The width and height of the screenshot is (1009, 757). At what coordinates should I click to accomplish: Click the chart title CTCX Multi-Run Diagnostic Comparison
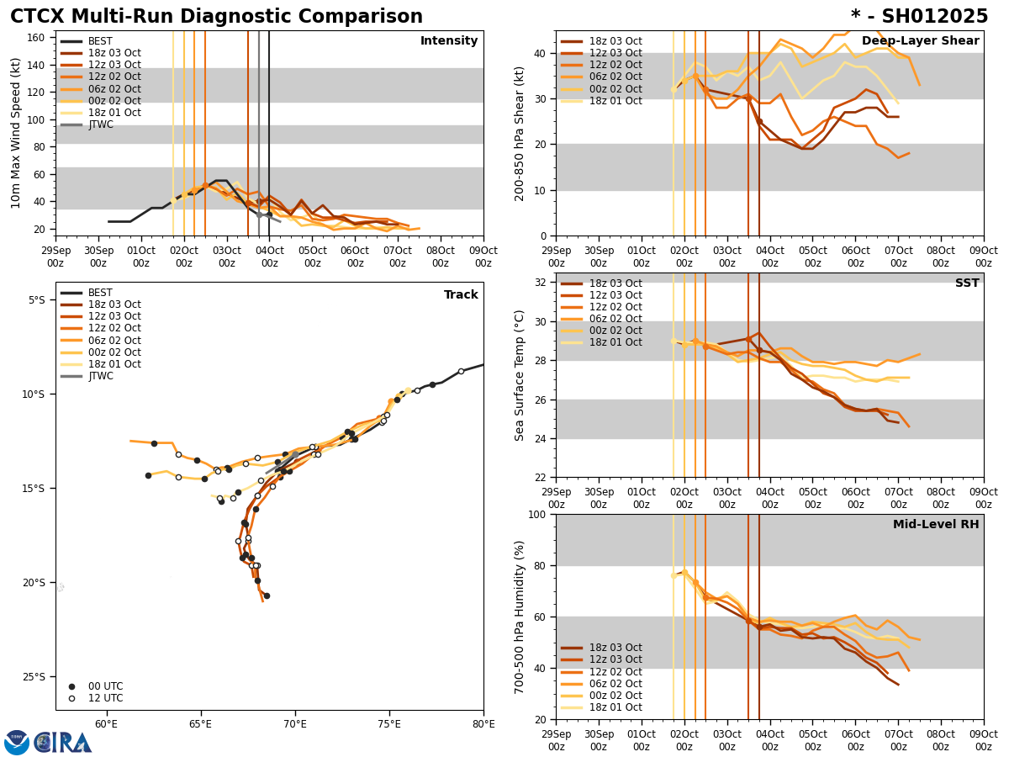point(216,17)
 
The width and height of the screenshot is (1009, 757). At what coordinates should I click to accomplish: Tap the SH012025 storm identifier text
point(919,17)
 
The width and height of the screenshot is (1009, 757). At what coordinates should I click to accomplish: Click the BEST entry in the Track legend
point(100,293)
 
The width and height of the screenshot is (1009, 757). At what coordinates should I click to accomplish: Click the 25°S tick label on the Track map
point(37,676)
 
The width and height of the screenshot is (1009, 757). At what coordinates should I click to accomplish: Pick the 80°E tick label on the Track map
point(483,722)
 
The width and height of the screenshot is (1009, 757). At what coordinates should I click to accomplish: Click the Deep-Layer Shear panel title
point(920,41)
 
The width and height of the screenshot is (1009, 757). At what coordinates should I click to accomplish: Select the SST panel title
point(966,283)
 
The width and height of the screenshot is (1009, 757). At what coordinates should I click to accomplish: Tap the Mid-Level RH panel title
point(935,525)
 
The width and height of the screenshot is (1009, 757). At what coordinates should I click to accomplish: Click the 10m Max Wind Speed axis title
point(16,133)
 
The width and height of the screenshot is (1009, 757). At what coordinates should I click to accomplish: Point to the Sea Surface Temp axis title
point(520,375)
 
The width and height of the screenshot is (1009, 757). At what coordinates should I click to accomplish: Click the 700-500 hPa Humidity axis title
point(520,617)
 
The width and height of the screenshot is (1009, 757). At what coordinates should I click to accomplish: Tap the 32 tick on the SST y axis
point(541,283)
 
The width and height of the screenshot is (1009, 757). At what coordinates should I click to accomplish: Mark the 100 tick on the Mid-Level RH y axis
point(538,514)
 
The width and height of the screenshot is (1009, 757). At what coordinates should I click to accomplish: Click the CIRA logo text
point(64,742)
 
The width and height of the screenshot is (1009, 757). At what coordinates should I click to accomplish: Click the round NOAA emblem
point(17,742)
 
